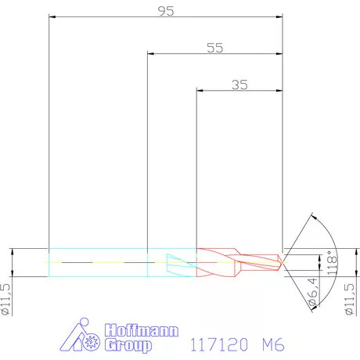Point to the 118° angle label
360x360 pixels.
coord(331,259)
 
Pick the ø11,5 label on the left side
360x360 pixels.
coord(7,299)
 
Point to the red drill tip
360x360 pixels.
coord(279,258)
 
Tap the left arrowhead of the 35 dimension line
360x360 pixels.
coord(199,92)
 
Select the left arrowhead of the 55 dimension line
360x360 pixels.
coord(151,54)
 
